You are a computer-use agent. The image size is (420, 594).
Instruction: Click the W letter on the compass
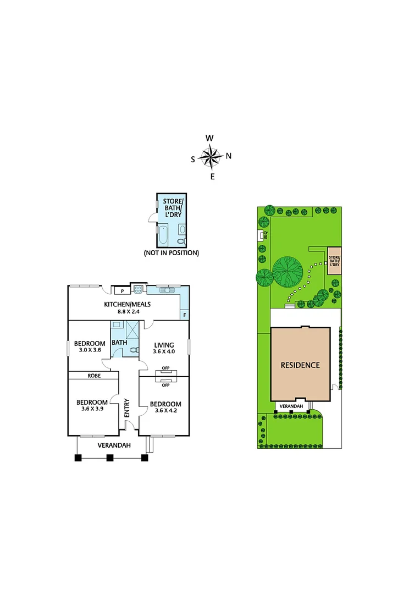(x=209, y=138)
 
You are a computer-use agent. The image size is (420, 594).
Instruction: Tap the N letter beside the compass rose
(x=229, y=156)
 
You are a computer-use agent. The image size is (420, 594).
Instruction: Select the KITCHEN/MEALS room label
(x=128, y=304)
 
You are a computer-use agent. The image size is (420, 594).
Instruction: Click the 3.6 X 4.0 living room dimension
(x=164, y=351)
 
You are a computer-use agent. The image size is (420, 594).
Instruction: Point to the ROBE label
(x=93, y=376)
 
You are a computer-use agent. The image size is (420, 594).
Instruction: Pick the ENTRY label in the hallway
(x=127, y=406)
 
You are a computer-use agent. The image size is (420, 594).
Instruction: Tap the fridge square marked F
(x=184, y=315)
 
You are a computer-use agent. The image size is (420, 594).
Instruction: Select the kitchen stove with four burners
(x=139, y=290)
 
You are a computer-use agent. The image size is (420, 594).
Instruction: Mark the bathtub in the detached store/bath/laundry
(x=164, y=236)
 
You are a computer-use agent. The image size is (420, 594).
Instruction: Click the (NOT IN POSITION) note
(x=171, y=253)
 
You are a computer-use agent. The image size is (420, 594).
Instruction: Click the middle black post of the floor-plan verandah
(x=110, y=457)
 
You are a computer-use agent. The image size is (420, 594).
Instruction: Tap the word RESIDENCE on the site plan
(x=300, y=365)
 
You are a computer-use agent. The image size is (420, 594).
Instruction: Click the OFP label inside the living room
(x=165, y=369)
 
